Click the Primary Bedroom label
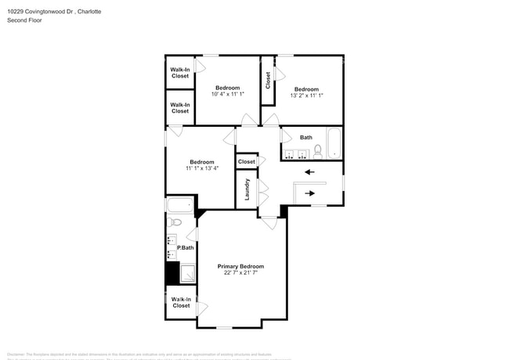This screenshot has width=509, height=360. [x=240, y=266]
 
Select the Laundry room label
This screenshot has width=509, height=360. [x=247, y=189]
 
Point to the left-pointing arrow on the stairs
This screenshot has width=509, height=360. [x=309, y=172]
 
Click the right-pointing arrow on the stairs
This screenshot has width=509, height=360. [x=310, y=193]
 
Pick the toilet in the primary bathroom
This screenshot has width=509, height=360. [x=175, y=222]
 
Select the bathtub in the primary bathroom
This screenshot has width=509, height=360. [x=179, y=206]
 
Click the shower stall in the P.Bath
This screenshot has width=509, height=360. [x=188, y=273]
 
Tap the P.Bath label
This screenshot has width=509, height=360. [x=185, y=248]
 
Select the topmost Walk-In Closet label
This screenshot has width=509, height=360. [x=179, y=73]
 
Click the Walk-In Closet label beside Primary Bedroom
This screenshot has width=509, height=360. [x=181, y=302]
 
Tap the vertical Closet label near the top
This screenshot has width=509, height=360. [x=268, y=80]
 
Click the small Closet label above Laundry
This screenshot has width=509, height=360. [x=247, y=161]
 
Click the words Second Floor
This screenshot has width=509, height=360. [x=24, y=20]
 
